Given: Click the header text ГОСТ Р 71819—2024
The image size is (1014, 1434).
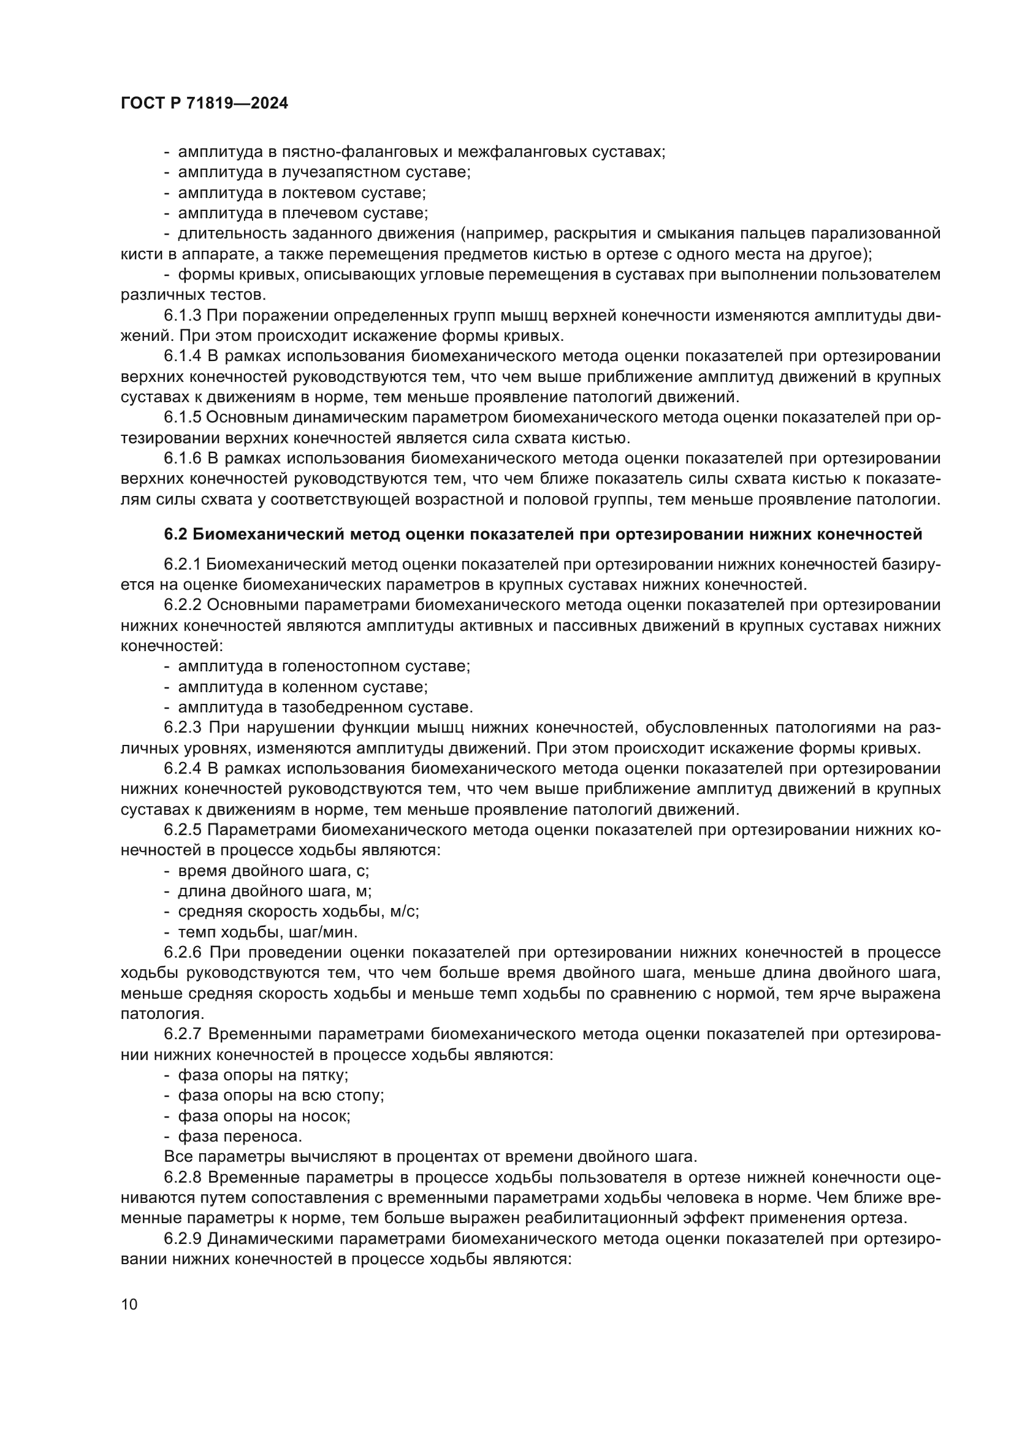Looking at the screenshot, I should click(x=204, y=104).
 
